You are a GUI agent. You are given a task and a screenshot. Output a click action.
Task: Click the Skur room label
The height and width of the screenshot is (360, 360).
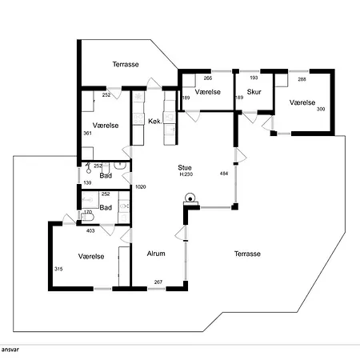click(x=254, y=92)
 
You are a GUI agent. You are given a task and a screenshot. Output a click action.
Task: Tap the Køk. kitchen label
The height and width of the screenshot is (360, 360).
click(x=155, y=122)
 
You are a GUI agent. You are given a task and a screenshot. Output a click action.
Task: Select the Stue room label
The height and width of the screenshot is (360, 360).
click(x=185, y=167)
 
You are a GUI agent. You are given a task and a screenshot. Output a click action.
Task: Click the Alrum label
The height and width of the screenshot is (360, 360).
click(x=156, y=254)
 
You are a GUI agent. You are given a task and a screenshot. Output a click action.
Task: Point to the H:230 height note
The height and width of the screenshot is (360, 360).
click(x=186, y=174)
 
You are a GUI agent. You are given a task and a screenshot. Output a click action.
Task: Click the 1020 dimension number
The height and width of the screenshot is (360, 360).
click(x=141, y=187)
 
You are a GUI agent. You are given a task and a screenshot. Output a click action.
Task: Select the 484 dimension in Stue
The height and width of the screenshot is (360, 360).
click(x=224, y=174)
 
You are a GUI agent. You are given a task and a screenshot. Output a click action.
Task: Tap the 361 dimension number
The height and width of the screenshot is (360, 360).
click(x=87, y=133)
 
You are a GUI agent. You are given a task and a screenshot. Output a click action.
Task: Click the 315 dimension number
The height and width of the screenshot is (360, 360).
click(x=58, y=269)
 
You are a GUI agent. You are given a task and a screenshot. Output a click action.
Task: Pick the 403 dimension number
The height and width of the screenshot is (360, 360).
click(x=90, y=230)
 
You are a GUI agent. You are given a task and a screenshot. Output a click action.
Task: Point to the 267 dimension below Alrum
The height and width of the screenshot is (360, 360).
click(x=158, y=282)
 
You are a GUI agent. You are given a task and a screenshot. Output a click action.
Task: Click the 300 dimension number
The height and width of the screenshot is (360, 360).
click(x=321, y=109)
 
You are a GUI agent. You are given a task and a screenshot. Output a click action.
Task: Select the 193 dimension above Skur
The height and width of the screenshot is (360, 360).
click(x=254, y=78)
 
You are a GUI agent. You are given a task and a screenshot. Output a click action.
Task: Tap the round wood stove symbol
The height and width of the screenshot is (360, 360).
click(x=190, y=198)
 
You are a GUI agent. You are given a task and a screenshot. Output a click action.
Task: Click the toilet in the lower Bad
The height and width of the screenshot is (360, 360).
click(x=87, y=218)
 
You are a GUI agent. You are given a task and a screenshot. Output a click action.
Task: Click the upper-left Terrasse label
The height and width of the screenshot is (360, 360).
click(x=126, y=64)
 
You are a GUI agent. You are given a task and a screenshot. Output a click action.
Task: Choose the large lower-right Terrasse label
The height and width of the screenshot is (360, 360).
click(x=247, y=254)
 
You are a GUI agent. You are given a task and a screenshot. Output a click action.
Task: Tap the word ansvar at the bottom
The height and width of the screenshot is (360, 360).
click(x=10, y=350)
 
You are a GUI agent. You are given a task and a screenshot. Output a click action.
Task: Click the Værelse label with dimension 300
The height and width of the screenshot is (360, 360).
click(x=302, y=102)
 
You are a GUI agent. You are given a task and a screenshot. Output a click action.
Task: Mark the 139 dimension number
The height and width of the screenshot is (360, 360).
click(x=87, y=182)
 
